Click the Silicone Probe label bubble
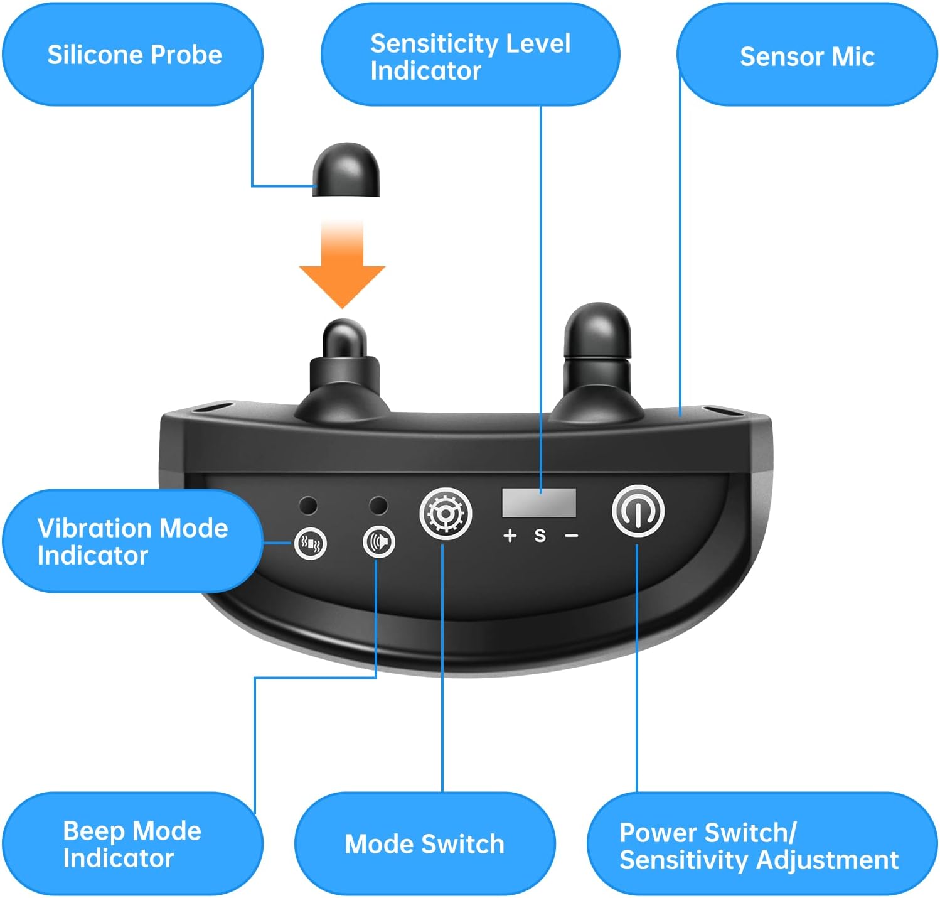pyautogui.click(x=133, y=55)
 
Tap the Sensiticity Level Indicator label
pyautogui.click(x=470, y=57)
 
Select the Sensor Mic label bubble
pyautogui.click(x=806, y=57)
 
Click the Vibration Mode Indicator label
pyautogui.click(x=132, y=541)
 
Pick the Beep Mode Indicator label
pyautogui.click(x=132, y=844)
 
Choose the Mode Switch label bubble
pyautogui.click(x=425, y=844)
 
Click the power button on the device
pyautogui.click(x=638, y=511)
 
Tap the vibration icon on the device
pyautogui.click(x=311, y=544)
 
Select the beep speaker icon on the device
pyautogui.click(x=379, y=542)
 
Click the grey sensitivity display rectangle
pyautogui.click(x=539, y=502)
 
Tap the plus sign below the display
pyautogui.click(x=510, y=535)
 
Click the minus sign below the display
pyautogui.click(x=571, y=536)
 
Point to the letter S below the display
pyautogui.click(x=540, y=536)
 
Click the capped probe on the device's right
pyautogui.click(x=597, y=352)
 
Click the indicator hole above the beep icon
pyautogui.click(x=378, y=505)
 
